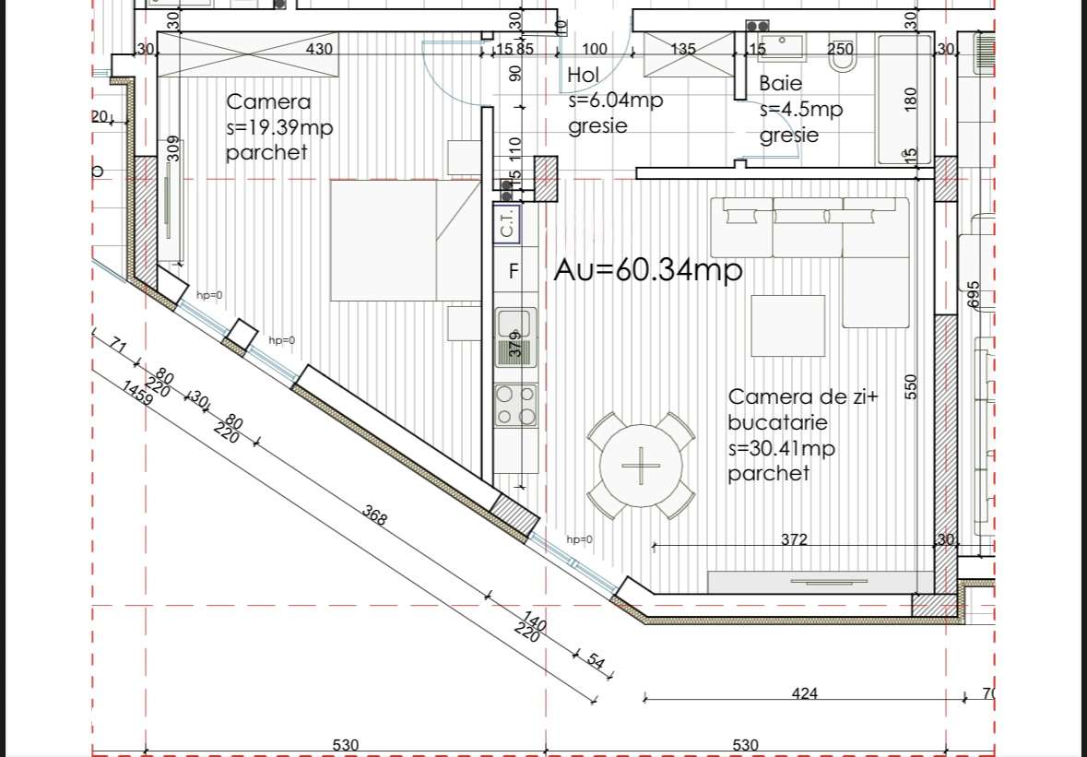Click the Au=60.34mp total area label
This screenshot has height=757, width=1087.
[x=648, y=270]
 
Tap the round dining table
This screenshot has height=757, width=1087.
[x=641, y=466]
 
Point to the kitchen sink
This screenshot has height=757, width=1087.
[x=515, y=325]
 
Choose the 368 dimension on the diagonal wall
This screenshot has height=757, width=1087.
[x=374, y=515]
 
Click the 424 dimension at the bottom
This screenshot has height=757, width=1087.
[x=804, y=693]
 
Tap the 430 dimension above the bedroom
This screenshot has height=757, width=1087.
[x=319, y=49]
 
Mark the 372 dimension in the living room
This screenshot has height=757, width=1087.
[x=794, y=539]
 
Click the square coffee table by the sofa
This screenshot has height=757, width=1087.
[x=787, y=325]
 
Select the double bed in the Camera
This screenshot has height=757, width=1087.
[x=406, y=240]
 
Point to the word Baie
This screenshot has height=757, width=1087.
[x=780, y=83]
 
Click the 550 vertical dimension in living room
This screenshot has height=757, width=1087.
[x=912, y=385]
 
